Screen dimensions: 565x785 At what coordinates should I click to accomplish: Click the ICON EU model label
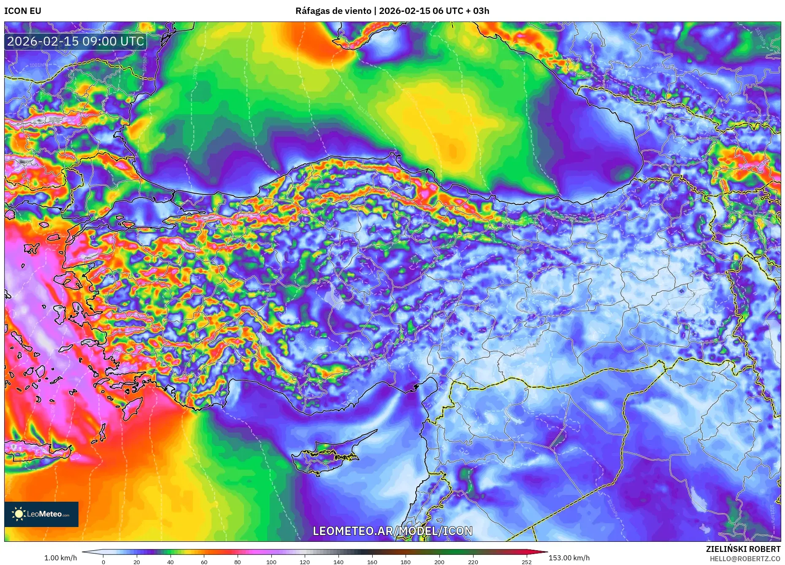(x=23, y=11)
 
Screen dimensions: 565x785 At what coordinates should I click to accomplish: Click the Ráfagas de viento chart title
(x=392, y=11)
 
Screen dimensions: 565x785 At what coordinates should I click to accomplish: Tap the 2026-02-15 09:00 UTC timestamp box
(x=76, y=41)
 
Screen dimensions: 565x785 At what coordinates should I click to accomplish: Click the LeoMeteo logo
(x=41, y=514)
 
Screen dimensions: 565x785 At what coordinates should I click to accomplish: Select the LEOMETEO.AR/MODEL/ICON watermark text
(x=392, y=531)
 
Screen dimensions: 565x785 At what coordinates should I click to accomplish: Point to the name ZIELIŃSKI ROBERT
(x=743, y=549)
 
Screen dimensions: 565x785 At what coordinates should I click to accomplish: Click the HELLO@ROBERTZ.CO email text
(x=745, y=559)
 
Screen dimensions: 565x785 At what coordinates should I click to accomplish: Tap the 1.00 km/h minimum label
(x=61, y=558)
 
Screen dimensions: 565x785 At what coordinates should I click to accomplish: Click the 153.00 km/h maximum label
(x=569, y=558)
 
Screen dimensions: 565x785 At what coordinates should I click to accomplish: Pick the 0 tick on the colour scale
(x=103, y=562)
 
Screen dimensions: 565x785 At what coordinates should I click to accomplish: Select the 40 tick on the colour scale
(x=170, y=562)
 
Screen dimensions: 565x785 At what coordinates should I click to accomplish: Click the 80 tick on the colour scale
(x=238, y=562)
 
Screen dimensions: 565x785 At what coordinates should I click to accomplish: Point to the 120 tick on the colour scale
(x=305, y=562)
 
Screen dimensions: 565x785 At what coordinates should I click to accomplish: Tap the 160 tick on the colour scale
(x=372, y=562)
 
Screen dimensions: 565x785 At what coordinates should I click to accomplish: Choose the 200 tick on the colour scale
(x=439, y=562)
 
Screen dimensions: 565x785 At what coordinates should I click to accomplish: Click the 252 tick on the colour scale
(x=526, y=562)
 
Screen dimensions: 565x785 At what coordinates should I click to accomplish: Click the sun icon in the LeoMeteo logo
(x=19, y=514)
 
